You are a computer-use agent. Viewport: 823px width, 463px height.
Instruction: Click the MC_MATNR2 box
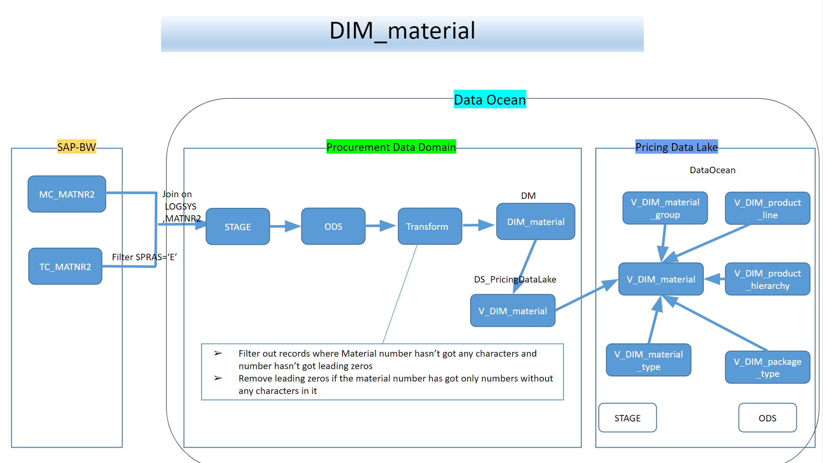pyautogui.click(x=67, y=194)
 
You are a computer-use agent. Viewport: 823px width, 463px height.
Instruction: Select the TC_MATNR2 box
pyautogui.click(x=65, y=267)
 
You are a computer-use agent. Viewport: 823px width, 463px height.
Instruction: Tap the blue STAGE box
pyautogui.click(x=238, y=227)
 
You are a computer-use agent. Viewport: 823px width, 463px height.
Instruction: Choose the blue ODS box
pyautogui.click(x=333, y=226)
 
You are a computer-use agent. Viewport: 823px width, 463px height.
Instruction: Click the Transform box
pyautogui.click(x=430, y=226)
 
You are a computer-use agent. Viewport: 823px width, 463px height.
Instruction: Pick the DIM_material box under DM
pyautogui.click(x=536, y=222)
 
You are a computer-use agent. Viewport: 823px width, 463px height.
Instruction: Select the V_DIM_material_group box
pyautogui.click(x=665, y=208)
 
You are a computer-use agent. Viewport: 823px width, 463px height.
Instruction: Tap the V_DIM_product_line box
pyautogui.click(x=767, y=208)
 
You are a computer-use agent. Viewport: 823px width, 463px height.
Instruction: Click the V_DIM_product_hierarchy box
pyautogui.click(x=767, y=279)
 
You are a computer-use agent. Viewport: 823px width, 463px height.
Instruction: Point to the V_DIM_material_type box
pyautogui.click(x=649, y=360)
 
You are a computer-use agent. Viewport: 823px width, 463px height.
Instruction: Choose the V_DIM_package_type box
pyautogui.click(x=767, y=367)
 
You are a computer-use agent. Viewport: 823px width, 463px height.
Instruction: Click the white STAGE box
pyautogui.click(x=628, y=418)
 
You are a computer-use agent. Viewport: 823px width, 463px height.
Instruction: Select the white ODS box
pyautogui.click(x=767, y=418)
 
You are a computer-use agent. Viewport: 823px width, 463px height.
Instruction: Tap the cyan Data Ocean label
pyautogui.click(x=490, y=99)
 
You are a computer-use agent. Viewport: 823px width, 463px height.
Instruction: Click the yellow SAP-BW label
pyautogui.click(x=77, y=147)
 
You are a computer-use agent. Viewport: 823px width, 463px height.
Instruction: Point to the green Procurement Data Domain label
pyautogui.click(x=391, y=147)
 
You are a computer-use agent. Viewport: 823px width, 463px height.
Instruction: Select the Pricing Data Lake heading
pyautogui.click(x=676, y=147)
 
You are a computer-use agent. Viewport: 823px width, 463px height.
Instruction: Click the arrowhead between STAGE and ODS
pyautogui.click(x=292, y=226)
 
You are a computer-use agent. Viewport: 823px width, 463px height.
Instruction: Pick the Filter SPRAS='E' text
pyautogui.click(x=144, y=257)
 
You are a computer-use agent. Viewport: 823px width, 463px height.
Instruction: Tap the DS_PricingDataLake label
pyautogui.click(x=515, y=280)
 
